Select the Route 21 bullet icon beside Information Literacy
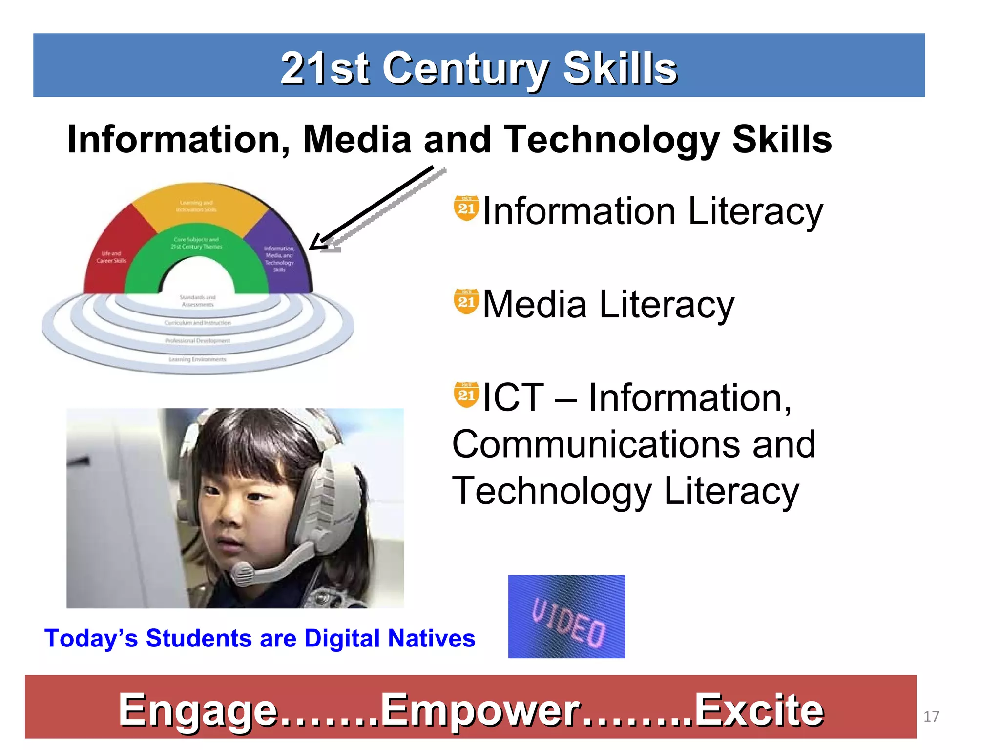point(466,208)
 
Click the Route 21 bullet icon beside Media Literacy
point(466,301)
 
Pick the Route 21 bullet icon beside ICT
point(466,395)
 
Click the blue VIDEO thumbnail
point(566,616)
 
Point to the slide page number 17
point(931,716)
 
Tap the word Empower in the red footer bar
point(481,710)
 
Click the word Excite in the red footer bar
point(759,710)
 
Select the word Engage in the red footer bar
point(198,710)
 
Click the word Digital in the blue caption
point(341,638)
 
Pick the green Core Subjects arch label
point(196,243)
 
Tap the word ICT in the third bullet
point(513,398)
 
